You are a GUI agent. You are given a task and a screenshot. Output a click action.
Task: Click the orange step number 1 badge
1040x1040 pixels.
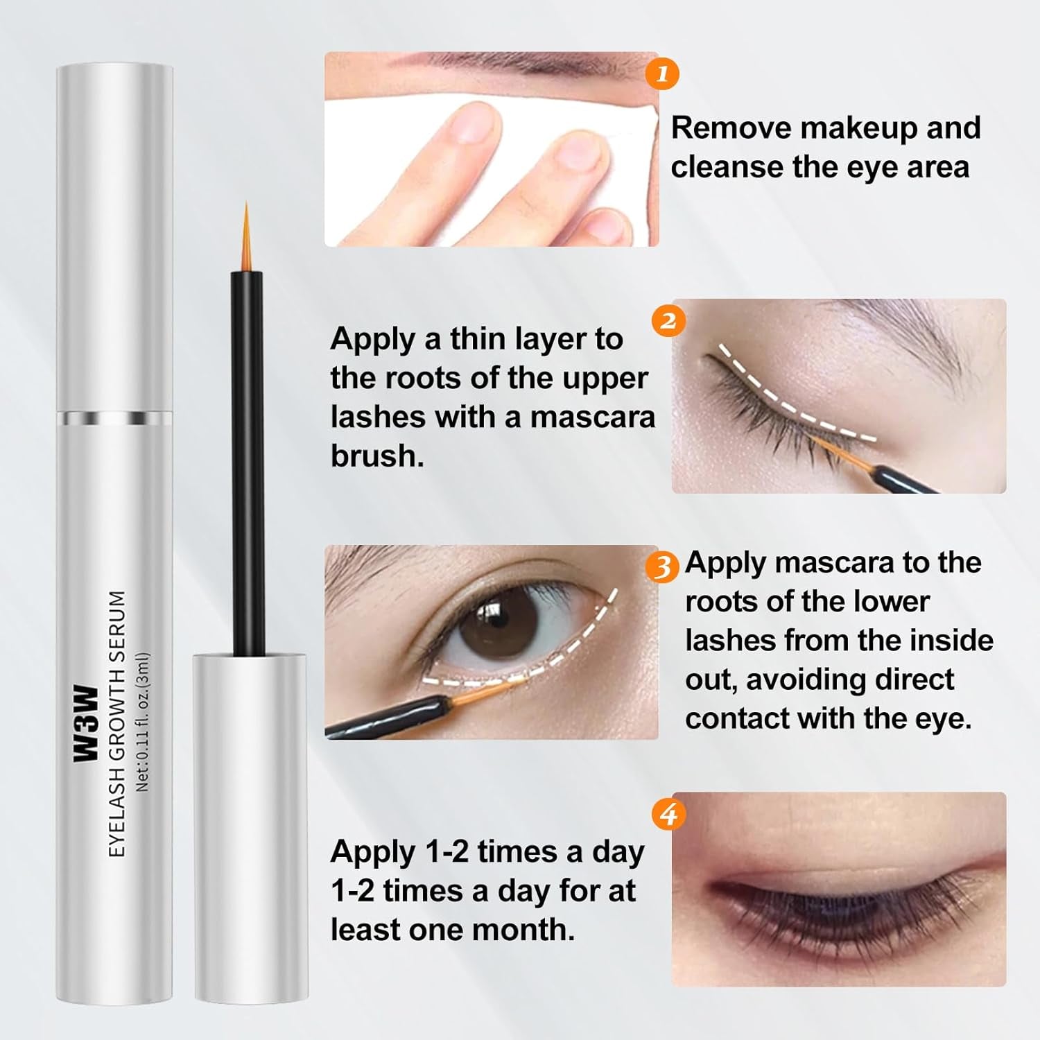click(661, 73)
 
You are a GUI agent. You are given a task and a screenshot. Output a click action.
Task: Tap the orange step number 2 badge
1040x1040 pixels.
click(668, 321)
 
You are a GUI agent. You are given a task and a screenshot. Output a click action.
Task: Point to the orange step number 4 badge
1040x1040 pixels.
click(668, 813)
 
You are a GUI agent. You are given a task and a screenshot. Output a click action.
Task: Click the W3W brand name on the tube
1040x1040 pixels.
click(86, 724)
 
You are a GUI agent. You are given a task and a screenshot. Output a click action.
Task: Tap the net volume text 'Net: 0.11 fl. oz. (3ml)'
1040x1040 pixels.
click(143, 722)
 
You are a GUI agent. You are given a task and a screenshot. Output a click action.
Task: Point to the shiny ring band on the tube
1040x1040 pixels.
click(114, 418)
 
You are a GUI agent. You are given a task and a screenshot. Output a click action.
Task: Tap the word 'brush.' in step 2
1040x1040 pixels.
click(376, 456)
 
